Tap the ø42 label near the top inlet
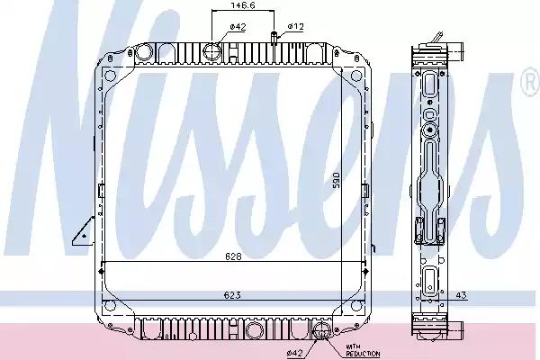[238, 27]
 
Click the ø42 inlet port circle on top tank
[213, 50]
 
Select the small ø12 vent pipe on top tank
[274, 38]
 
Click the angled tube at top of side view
[438, 37]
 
